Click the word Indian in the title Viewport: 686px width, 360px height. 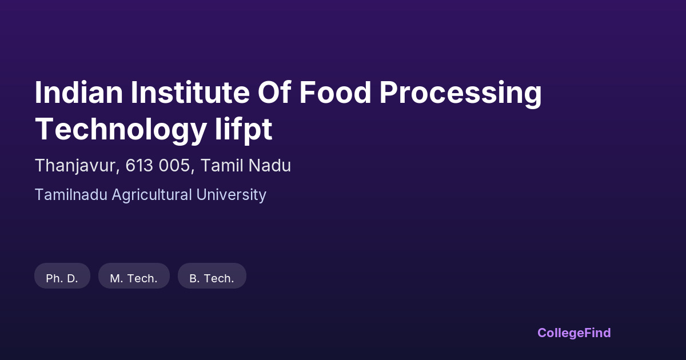(x=79, y=93)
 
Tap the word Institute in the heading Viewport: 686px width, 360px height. (x=190, y=93)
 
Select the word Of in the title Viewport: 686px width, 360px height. (x=274, y=93)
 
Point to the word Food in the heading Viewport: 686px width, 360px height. (x=335, y=93)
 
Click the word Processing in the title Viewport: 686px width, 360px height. (x=461, y=95)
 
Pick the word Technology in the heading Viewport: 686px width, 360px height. (x=121, y=131)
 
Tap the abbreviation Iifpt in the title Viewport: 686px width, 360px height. (x=244, y=131)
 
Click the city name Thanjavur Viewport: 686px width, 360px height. (x=75, y=166)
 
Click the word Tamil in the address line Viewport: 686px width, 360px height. (x=222, y=166)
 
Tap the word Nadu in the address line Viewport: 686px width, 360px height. (x=269, y=166)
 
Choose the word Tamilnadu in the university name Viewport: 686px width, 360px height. (x=71, y=195)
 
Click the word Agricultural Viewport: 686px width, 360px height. (x=152, y=195)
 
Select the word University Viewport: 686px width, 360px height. (x=231, y=195)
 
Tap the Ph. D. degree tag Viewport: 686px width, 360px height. (x=62, y=276)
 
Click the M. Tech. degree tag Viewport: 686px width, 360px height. (x=134, y=276)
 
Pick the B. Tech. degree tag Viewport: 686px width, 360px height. (x=212, y=276)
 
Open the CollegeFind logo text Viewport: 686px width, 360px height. (x=574, y=333)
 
